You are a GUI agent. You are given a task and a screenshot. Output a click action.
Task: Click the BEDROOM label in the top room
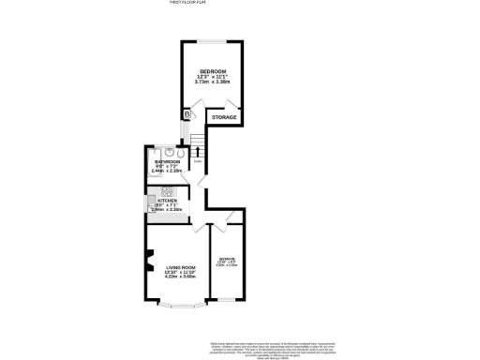[x=213, y=70]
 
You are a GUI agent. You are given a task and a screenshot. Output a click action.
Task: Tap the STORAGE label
[x=223, y=117]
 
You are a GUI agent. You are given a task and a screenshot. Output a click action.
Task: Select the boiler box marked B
[x=187, y=114]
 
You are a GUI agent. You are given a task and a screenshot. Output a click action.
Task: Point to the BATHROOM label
[x=167, y=162]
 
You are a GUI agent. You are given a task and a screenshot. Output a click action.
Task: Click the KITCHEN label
[x=168, y=201]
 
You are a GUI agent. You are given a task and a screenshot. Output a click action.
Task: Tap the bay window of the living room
[x=179, y=305]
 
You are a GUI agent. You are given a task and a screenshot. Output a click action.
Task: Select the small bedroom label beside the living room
[x=227, y=259]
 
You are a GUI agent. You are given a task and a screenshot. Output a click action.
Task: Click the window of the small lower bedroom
[x=227, y=299]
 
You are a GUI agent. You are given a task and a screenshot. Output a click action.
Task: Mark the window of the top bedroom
[x=215, y=40]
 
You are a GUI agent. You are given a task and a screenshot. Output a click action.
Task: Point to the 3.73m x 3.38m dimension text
[x=213, y=82]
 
